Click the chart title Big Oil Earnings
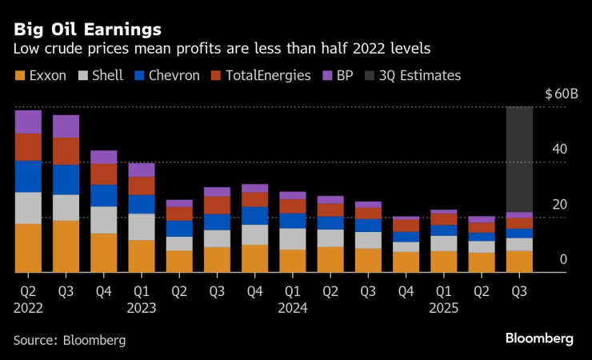(x=86, y=30)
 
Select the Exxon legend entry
(x=42, y=76)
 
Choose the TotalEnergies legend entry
(x=264, y=76)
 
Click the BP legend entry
(x=339, y=76)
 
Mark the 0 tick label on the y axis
(x=563, y=259)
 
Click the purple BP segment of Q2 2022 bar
(x=28, y=122)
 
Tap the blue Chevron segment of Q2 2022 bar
(x=28, y=176)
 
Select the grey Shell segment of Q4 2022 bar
(x=104, y=220)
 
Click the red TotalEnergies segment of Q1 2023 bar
(x=142, y=186)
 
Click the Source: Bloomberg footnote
(x=70, y=340)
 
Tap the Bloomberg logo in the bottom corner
(x=539, y=338)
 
